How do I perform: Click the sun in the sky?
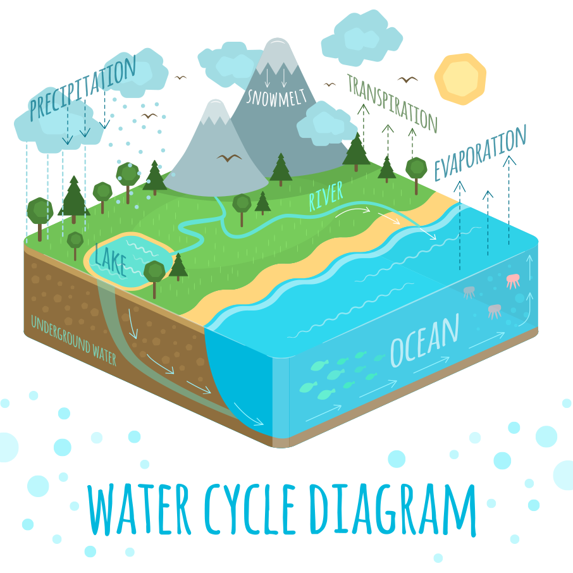point(460,79)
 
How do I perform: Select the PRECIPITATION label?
point(82,89)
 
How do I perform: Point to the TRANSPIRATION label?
point(392,102)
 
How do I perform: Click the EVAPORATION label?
point(480,152)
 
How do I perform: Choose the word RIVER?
point(326,197)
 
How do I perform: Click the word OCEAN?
point(424,342)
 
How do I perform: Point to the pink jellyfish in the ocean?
point(512,280)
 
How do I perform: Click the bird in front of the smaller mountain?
point(229,157)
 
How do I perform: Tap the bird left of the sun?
point(408,80)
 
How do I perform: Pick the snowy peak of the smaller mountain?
point(216,112)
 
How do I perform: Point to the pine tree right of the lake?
point(178,266)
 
